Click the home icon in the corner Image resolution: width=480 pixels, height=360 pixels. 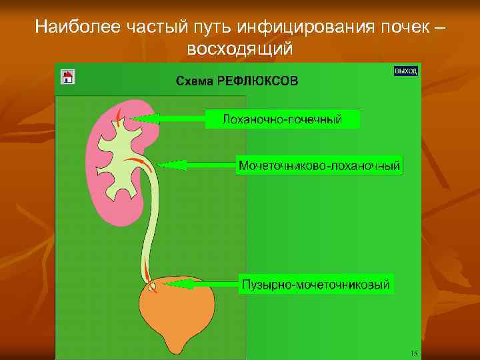pos(67,76)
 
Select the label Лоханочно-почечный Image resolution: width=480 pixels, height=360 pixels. pos(282,120)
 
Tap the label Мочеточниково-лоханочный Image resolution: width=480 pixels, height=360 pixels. pos(319,165)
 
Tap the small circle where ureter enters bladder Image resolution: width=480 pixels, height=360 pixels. pos(153,286)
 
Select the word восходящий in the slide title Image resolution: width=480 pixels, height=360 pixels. pos(239,49)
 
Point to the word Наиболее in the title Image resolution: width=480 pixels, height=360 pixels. pos(71,27)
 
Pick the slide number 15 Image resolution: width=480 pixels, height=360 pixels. pos(414,353)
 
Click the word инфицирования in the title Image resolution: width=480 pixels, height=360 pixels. pos(312,27)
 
